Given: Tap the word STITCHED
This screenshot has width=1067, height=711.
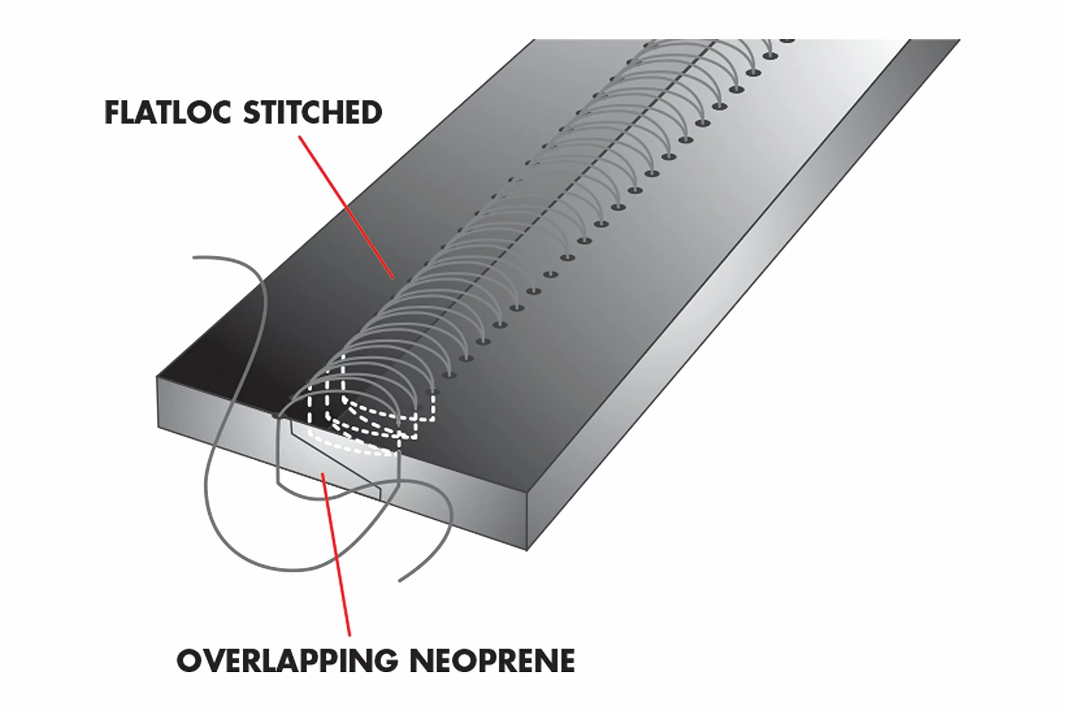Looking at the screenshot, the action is [313, 113].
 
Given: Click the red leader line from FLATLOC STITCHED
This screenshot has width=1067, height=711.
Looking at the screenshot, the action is [346, 207].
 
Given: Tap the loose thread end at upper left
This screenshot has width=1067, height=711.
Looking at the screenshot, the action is [194, 258].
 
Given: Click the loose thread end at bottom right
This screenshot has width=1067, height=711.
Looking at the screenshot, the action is [399, 581].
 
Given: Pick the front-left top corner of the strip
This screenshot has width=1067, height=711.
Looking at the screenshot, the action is [157, 377].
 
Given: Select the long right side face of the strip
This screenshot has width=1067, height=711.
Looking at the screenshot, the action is [743, 295].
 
